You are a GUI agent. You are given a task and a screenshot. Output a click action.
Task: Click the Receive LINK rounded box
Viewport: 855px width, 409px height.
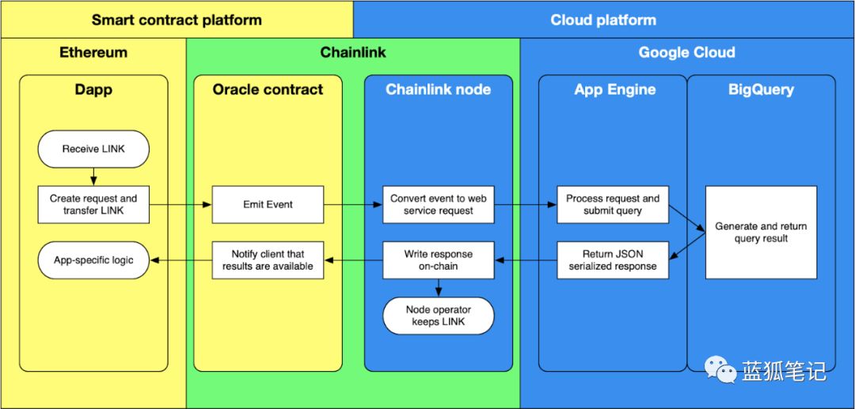93,149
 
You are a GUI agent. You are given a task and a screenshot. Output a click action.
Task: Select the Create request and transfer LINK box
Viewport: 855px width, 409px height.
93,205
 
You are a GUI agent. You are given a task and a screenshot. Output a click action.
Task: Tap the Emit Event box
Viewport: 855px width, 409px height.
268,205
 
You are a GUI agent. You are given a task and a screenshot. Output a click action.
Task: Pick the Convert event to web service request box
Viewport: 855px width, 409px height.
439,205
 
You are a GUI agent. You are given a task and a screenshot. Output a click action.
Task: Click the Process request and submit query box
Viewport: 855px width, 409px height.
613,205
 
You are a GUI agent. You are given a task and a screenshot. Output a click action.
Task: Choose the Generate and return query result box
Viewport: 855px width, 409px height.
762,233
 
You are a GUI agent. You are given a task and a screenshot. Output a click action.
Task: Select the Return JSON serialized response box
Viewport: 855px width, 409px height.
613,260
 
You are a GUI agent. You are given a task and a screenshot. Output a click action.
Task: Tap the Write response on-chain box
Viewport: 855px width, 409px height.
439,260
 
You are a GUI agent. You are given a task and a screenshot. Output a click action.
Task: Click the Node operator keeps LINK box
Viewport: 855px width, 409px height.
439,316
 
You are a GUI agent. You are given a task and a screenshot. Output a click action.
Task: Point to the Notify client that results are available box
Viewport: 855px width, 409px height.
268,260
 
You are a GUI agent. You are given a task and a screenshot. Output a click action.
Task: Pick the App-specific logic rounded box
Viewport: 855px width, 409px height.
93,260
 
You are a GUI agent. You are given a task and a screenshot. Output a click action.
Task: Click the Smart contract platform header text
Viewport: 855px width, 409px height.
177,20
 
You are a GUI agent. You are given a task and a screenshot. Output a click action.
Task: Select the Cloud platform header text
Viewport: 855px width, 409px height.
603,20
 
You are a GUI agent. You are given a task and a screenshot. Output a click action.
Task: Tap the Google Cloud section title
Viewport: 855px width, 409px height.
687,52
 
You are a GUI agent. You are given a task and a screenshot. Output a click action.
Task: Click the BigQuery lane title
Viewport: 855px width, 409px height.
762,90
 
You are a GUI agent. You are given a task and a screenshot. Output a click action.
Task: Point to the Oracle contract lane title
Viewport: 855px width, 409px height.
268,89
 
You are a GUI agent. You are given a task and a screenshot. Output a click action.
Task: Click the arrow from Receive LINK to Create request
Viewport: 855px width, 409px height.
93,176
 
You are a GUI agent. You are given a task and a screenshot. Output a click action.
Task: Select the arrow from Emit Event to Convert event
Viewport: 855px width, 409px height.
353,205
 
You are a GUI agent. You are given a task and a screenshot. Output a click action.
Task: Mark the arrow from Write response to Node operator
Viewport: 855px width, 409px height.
439,288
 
